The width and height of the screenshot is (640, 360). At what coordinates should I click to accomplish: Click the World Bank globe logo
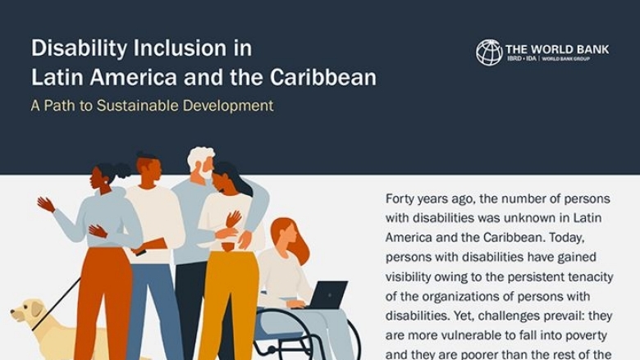pyautogui.click(x=489, y=52)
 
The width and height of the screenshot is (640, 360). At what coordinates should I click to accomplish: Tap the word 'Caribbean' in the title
pyautogui.click(x=322, y=76)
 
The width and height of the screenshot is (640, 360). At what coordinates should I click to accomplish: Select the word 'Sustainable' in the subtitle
pyautogui.click(x=138, y=106)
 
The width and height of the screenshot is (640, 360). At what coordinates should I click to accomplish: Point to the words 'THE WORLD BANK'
pyautogui.click(x=557, y=49)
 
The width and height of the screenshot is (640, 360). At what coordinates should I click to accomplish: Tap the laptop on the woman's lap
pyautogui.click(x=327, y=294)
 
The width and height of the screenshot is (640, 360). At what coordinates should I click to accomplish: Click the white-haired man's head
pyautogui.click(x=202, y=162)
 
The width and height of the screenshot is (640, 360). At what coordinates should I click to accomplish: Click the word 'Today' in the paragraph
pyautogui.click(x=566, y=237)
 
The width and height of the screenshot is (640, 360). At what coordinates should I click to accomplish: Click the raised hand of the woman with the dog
pyautogui.click(x=46, y=204)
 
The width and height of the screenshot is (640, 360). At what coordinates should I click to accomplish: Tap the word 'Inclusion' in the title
pyautogui.click(x=181, y=48)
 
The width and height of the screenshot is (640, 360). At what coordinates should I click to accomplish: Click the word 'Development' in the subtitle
pyautogui.click(x=228, y=106)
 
